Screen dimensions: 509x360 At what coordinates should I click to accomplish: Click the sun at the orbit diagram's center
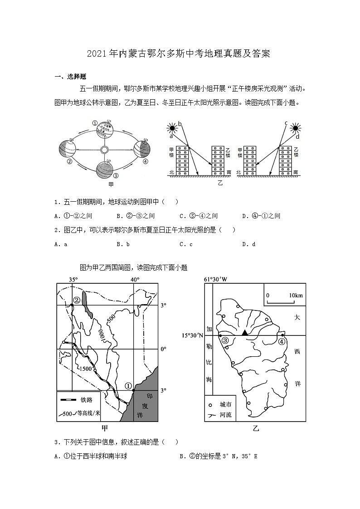click(x=104, y=150)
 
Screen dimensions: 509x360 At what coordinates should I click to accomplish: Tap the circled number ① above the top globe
click(x=95, y=123)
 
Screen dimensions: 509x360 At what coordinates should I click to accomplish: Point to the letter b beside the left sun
click(x=179, y=124)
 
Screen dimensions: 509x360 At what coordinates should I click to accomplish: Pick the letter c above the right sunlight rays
click(x=286, y=123)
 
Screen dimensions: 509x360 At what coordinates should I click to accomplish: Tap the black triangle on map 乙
click(x=245, y=333)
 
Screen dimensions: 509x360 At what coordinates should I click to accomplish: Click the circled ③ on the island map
click(x=225, y=340)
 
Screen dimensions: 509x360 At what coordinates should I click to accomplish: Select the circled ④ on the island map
click(x=282, y=341)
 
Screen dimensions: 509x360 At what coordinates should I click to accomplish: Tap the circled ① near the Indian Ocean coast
click(x=128, y=386)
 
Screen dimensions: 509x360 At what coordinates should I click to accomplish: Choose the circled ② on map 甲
click(x=77, y=300)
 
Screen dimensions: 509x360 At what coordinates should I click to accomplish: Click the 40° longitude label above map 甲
click(x=135, y=279)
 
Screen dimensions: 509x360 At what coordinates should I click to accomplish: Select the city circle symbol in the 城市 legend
click(x=210, y=404)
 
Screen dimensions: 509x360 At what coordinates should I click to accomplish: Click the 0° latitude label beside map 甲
click(x=164, y=349)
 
